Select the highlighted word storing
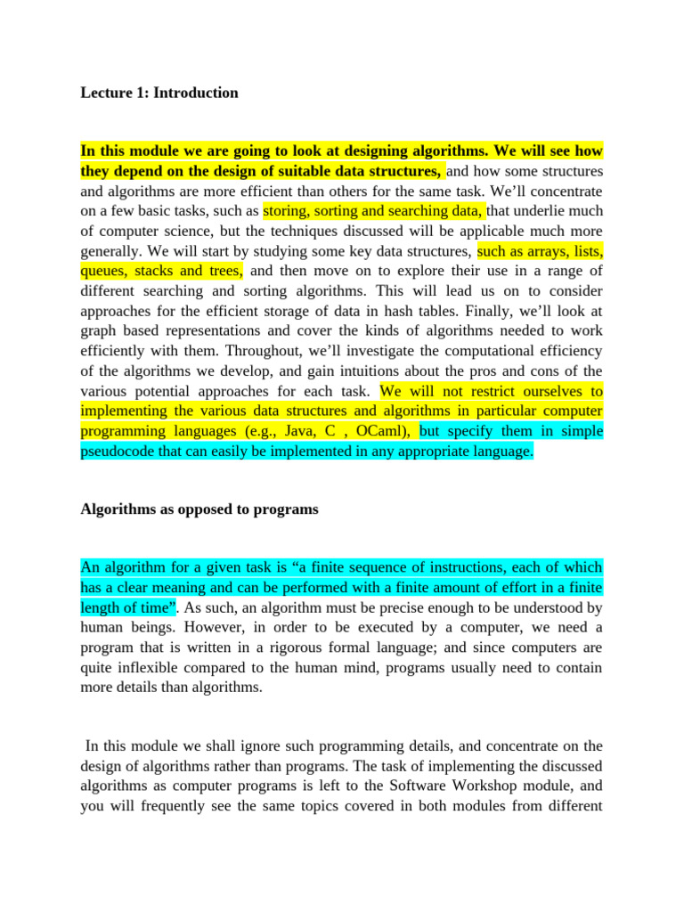pos(288,211)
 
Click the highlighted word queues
pos(105,270)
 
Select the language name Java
pos(306,431)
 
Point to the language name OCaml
pos(382,431)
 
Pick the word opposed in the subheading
pos(186,509)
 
